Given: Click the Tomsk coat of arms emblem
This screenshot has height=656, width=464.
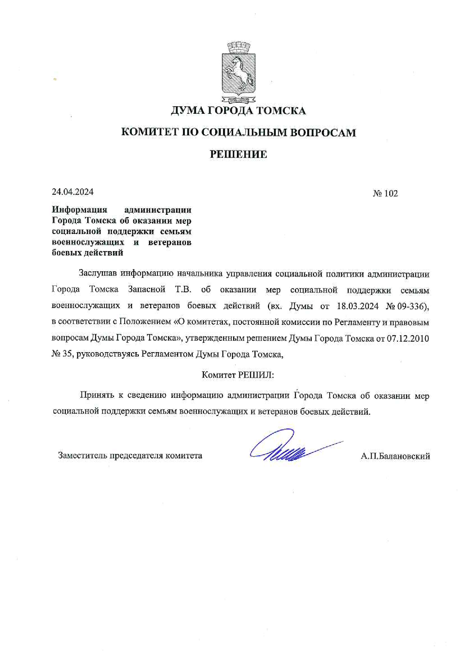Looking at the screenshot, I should click(x=238, y=73).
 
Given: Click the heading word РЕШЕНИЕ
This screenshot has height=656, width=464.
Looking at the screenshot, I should click(x=238, y=154).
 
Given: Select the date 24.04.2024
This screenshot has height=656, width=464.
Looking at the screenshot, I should click(x=73, y=192).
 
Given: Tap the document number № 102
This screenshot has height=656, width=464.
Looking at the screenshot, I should click(x=385, y=193).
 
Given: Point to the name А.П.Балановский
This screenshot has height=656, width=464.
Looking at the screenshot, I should click(x=395, y=456).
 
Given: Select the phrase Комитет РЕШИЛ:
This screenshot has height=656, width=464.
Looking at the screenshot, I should click(x=238, y=375).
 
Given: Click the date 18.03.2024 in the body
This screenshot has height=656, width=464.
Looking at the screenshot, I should click(x=357, y=306).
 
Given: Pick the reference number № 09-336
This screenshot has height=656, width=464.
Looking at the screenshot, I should click(x=406, y=306).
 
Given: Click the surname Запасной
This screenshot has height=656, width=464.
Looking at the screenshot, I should click(x=146, y=289).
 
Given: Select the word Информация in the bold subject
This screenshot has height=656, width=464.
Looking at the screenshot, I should click(x=79, y=210).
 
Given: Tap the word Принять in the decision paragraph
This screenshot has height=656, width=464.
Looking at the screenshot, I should click(x=97, y=395).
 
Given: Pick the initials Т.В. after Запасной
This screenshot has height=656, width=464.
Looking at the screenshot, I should click(x=183, y=289).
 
